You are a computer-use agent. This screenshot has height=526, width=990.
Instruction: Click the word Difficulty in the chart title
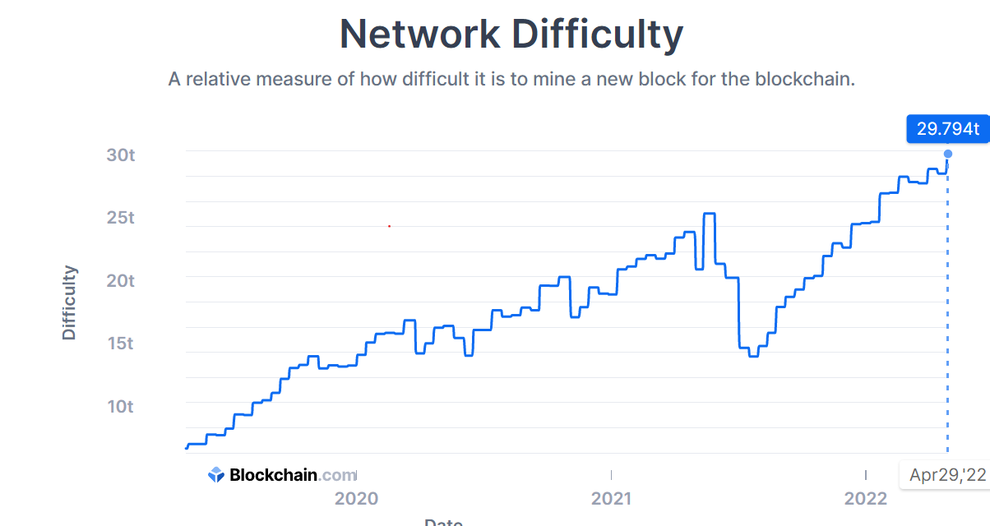(x=597, y=35)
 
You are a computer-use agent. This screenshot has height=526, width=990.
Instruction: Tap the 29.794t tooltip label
(x=948, y=129)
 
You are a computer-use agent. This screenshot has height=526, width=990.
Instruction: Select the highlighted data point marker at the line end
(x=948, y=154)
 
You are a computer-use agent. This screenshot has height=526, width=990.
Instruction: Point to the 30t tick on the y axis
(x=120, y=155)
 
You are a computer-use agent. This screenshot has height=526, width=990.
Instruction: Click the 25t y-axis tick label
(x=120, y=218)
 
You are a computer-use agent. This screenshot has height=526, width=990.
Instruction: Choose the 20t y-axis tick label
(x=120, y=280)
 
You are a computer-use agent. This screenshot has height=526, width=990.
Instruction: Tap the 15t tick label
(x=120, y=344)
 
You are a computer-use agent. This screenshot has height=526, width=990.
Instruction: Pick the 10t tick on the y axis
(x=120, y=407)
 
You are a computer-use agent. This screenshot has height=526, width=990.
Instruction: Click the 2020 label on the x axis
(x=356, y=498)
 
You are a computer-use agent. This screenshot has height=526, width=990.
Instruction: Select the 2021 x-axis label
(x=611, y=498)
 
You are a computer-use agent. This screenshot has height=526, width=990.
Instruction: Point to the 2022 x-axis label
(x=866, y=498)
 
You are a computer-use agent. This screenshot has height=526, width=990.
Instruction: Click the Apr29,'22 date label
(x=947, y=475)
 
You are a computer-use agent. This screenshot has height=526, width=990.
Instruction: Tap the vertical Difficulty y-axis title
(x=69, y=302)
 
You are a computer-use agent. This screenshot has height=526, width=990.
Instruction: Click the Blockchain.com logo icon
(x=216, y=474)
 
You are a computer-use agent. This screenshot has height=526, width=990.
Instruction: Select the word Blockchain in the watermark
(x=273, y=475)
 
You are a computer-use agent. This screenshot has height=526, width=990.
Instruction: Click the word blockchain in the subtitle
(x=805, y=80)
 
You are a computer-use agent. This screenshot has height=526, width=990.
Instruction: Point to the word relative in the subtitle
(x=218, y=80)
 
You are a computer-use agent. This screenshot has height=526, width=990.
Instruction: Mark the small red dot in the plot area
(x=389, y=225)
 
